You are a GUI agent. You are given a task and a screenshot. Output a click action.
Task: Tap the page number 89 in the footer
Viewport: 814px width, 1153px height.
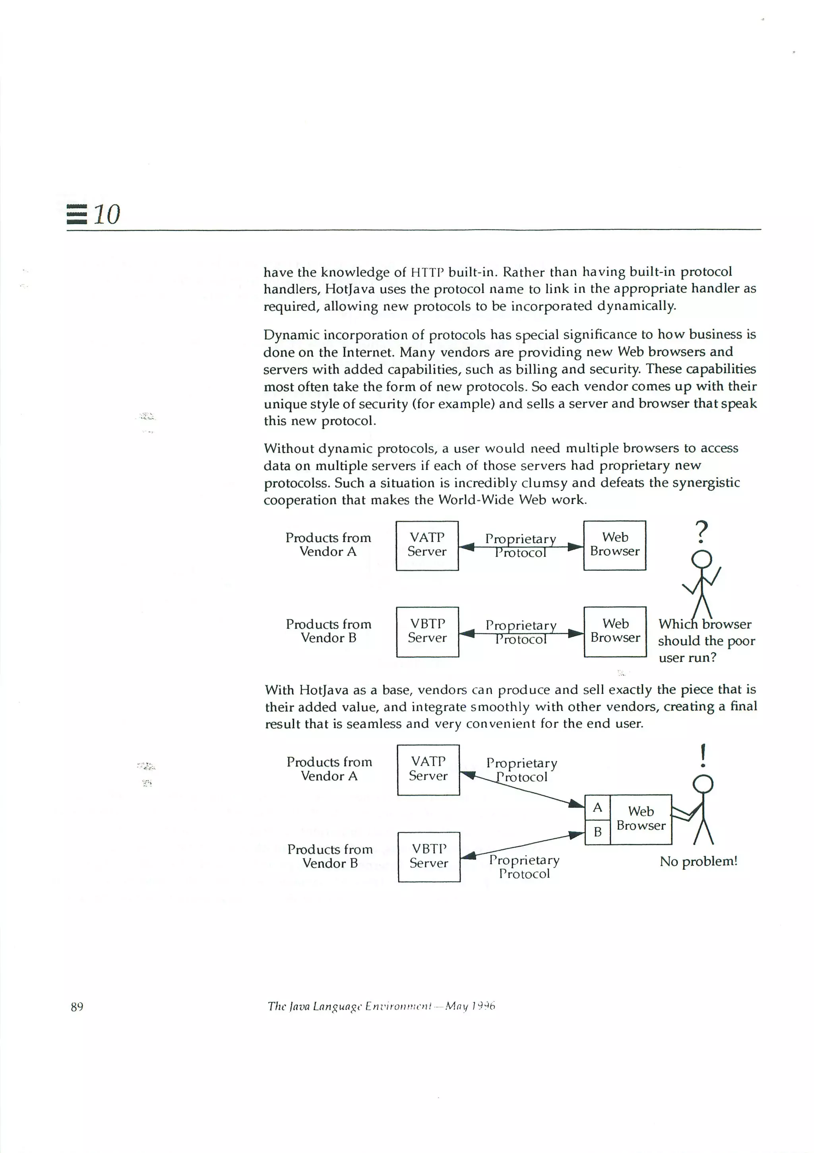click(x=77, y=1006)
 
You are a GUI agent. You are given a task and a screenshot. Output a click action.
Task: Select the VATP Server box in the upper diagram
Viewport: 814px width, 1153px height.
click(x=427, y=545)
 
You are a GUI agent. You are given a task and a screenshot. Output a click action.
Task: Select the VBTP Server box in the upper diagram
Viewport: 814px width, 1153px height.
click(x=427, y=632)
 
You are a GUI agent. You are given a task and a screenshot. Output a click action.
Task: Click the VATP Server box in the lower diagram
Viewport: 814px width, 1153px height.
click(x=428, y=769)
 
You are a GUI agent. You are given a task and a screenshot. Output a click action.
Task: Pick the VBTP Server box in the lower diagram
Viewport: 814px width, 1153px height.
click(x=429, y=857)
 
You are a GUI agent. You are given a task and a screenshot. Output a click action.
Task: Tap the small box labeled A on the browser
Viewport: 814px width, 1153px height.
click(x=597, y=807)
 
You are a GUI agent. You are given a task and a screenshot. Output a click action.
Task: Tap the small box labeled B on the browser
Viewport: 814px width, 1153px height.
click(x=597, y=832)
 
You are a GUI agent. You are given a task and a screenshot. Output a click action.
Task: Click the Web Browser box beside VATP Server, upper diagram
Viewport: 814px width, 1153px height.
click(x=614, y=545)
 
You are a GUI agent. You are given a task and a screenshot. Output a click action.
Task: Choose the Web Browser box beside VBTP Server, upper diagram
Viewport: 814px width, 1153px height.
click(x=615, y=632)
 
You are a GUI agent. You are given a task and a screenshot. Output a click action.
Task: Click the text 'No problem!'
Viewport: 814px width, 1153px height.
click(x=698, y=861)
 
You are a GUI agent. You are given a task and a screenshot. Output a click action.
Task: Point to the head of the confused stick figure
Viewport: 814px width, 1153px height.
click(x=702, y=559)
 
